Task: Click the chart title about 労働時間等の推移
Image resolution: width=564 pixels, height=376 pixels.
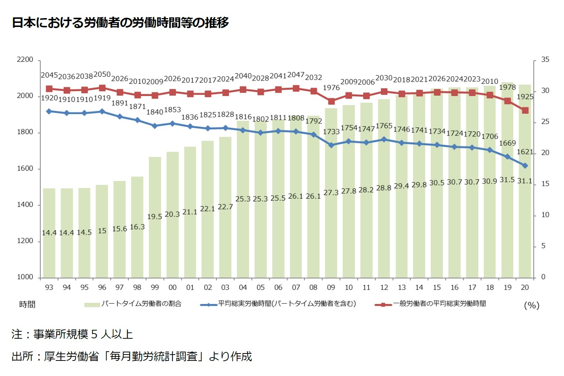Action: (120, 23)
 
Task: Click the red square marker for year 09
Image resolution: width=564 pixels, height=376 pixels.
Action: (331, 101)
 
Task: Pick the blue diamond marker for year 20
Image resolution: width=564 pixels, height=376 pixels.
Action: (525, 166)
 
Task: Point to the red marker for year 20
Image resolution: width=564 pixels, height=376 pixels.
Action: (525, 110)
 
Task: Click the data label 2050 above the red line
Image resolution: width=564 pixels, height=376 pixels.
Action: (102, 74)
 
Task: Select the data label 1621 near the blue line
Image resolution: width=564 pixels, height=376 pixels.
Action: (525, 152)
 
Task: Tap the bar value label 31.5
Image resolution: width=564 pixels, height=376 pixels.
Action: (507, 180)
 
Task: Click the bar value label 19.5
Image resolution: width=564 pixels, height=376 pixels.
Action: (154, 216)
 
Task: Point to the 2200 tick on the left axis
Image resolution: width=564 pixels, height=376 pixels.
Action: (25, 60)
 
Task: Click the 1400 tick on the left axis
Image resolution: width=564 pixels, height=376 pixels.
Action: (25, 205)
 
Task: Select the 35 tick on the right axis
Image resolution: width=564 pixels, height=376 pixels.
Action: (545, 60)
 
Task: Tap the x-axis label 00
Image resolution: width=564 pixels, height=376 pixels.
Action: (172, 287)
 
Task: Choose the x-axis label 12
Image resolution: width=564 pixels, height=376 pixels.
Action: (384, 287)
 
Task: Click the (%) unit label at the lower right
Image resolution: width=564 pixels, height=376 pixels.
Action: (531, 305)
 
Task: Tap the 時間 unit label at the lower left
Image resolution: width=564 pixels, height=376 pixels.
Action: (27, 304)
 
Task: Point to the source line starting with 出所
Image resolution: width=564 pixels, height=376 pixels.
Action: (131, 356)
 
